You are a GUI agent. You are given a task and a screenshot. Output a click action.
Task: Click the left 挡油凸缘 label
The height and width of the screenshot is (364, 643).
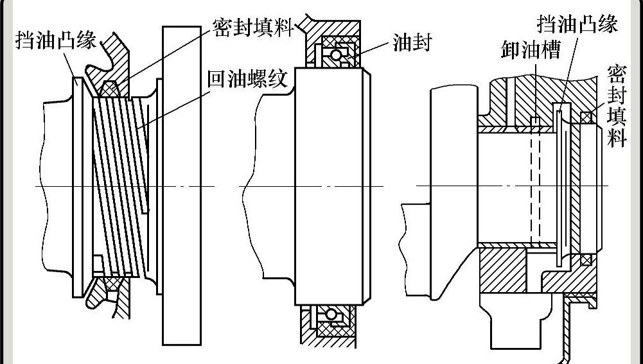pos(57,42)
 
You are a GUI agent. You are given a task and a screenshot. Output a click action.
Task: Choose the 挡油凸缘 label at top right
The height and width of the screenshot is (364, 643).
pos(577,25)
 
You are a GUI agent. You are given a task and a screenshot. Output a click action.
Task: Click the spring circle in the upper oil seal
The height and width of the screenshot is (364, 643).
pos(335,54)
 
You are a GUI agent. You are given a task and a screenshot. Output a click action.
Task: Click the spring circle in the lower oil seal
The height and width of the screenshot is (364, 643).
pos(331,315)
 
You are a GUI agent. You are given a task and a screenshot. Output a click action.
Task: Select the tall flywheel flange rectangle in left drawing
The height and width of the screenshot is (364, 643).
pos(174,186)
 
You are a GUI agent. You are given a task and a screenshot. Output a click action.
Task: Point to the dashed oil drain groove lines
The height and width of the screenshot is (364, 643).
pos(535,186)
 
